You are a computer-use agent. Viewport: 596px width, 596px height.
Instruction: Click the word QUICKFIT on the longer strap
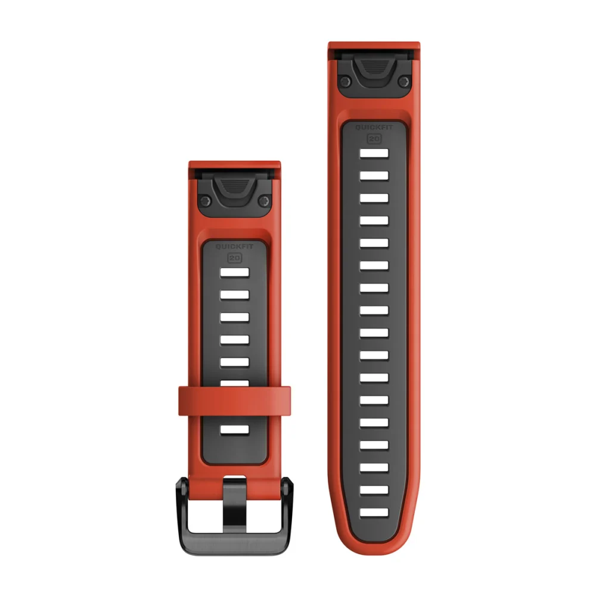(374, 127)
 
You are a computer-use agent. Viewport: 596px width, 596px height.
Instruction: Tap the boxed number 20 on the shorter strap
(234, 259)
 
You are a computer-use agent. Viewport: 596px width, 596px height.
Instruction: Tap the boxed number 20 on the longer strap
(374, 138)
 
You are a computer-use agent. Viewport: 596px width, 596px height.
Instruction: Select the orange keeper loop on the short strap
(234, 401)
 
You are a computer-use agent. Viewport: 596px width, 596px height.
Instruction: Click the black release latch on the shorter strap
(234, 191)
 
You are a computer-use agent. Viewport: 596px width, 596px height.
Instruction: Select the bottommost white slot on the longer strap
(374, 511)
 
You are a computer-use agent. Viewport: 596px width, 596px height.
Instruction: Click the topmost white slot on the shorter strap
(234, 272)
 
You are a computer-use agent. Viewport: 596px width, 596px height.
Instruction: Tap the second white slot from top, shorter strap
(234, 295)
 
